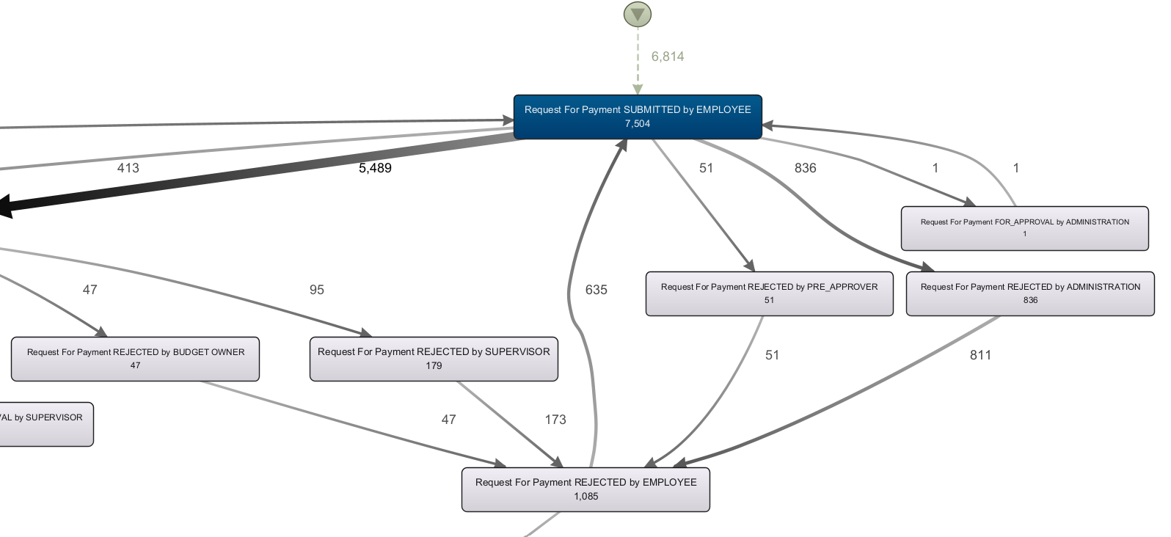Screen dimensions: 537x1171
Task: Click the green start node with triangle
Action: click(637, 14)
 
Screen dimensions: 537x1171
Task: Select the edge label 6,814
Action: click(667, 56)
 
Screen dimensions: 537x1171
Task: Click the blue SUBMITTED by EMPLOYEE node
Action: click(637, 117)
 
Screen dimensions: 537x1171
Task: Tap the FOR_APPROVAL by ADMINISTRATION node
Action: click(1024, 228)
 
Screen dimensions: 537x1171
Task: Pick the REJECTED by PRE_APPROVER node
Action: click(769, 293)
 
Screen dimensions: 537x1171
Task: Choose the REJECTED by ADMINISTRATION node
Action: click(1029, 293)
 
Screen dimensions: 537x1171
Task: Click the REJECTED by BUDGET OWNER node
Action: click(135, 359)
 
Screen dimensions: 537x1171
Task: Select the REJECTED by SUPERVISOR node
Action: click(433, 359)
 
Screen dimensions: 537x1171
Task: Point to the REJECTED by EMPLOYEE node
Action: click(585, 489)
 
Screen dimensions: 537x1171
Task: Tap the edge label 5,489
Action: click(375, 168)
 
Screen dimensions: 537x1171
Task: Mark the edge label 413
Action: click(128, 168)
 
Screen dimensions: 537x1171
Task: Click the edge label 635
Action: click(596, 290)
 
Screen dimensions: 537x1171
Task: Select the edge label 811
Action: click(980, 355)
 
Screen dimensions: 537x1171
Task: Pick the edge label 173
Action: click(555, 420)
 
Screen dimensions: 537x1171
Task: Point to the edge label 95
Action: click(316, 290)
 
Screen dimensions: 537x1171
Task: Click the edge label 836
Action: click(805, 168)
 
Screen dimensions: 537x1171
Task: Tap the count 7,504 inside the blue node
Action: click(637, 124)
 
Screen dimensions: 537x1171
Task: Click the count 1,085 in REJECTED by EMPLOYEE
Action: click(585, 497)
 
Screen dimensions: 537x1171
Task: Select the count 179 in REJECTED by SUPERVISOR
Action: click(433, 365)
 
